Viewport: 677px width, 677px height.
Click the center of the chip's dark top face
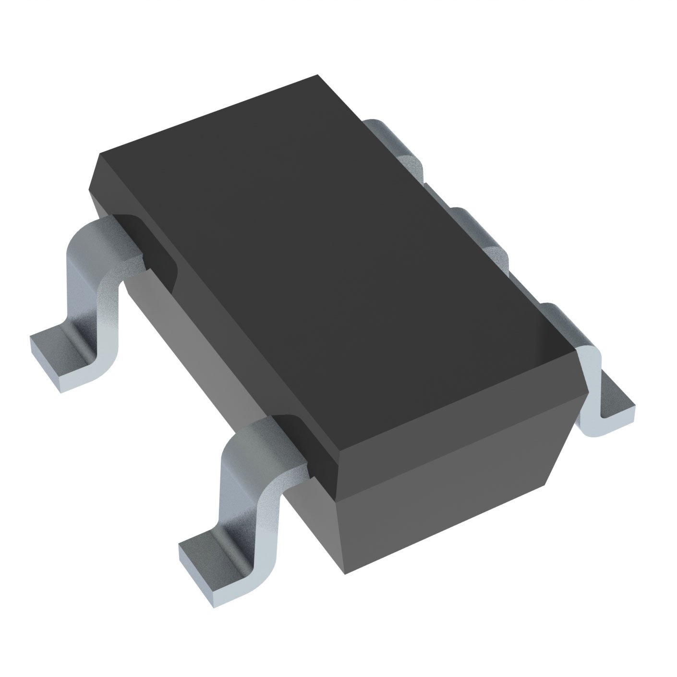[331, 264]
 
